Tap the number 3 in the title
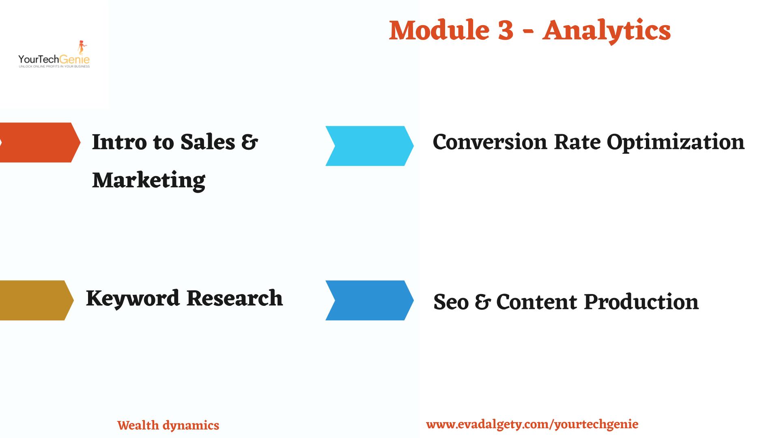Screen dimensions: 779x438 pos(505,30)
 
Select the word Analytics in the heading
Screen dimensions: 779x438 pos(607,32)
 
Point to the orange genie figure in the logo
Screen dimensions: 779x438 pos(83,47)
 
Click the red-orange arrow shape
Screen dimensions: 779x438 pos(40,142)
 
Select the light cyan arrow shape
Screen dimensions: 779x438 pos(369,146)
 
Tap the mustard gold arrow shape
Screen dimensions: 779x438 pos(37,300)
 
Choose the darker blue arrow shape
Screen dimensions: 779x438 pos(369,300)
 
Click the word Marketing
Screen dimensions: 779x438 pos(148,180)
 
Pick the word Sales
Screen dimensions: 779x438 pos(207,142)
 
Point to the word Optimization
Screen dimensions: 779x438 pos(676,144)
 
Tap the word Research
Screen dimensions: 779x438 pos(235,298)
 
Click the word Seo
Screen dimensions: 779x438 pos(451,302)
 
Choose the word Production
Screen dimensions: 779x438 pos(641,302)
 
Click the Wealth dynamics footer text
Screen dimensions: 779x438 pos(168,425)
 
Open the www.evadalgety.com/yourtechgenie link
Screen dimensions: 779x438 pos(532,425)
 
